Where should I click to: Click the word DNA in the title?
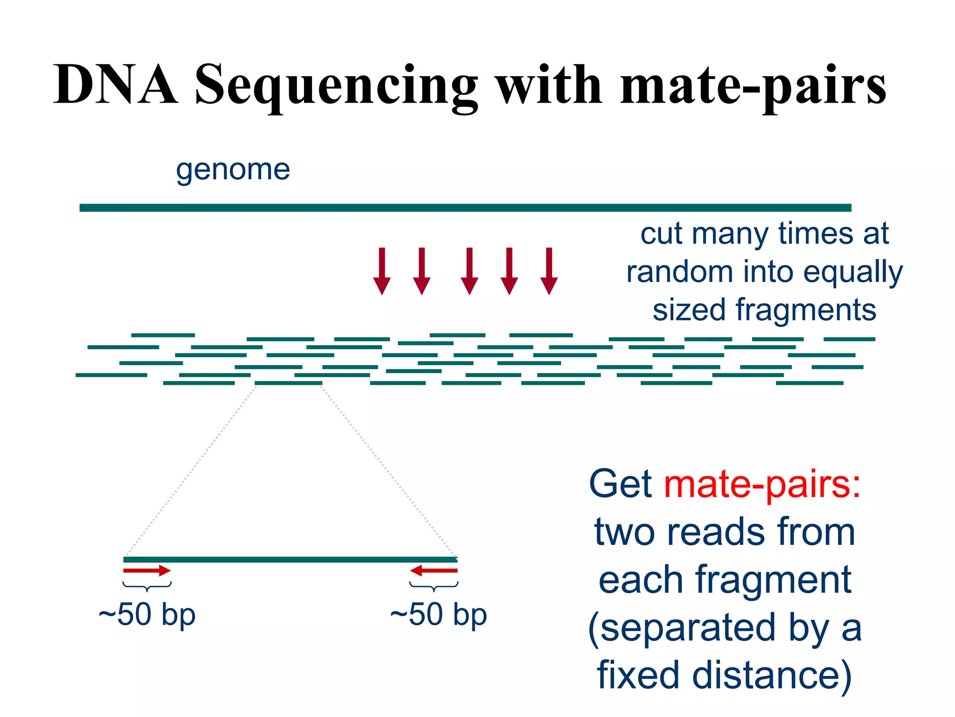coord(115,85)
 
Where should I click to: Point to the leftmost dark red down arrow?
coord(382,271)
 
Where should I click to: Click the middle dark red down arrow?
coord(469,271)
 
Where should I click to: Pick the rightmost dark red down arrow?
coord(549,271)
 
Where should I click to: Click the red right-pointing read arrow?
coord(147,570)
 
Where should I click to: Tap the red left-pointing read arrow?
coord(434,570)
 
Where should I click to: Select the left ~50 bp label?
coord(147,614)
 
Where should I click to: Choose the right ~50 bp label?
coord(438,614)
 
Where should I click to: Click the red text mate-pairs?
coord(762,484)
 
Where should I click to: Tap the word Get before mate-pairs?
coord(620,484)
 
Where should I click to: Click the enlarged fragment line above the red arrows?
coord(290,559)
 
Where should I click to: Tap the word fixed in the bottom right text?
coord(638,675)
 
